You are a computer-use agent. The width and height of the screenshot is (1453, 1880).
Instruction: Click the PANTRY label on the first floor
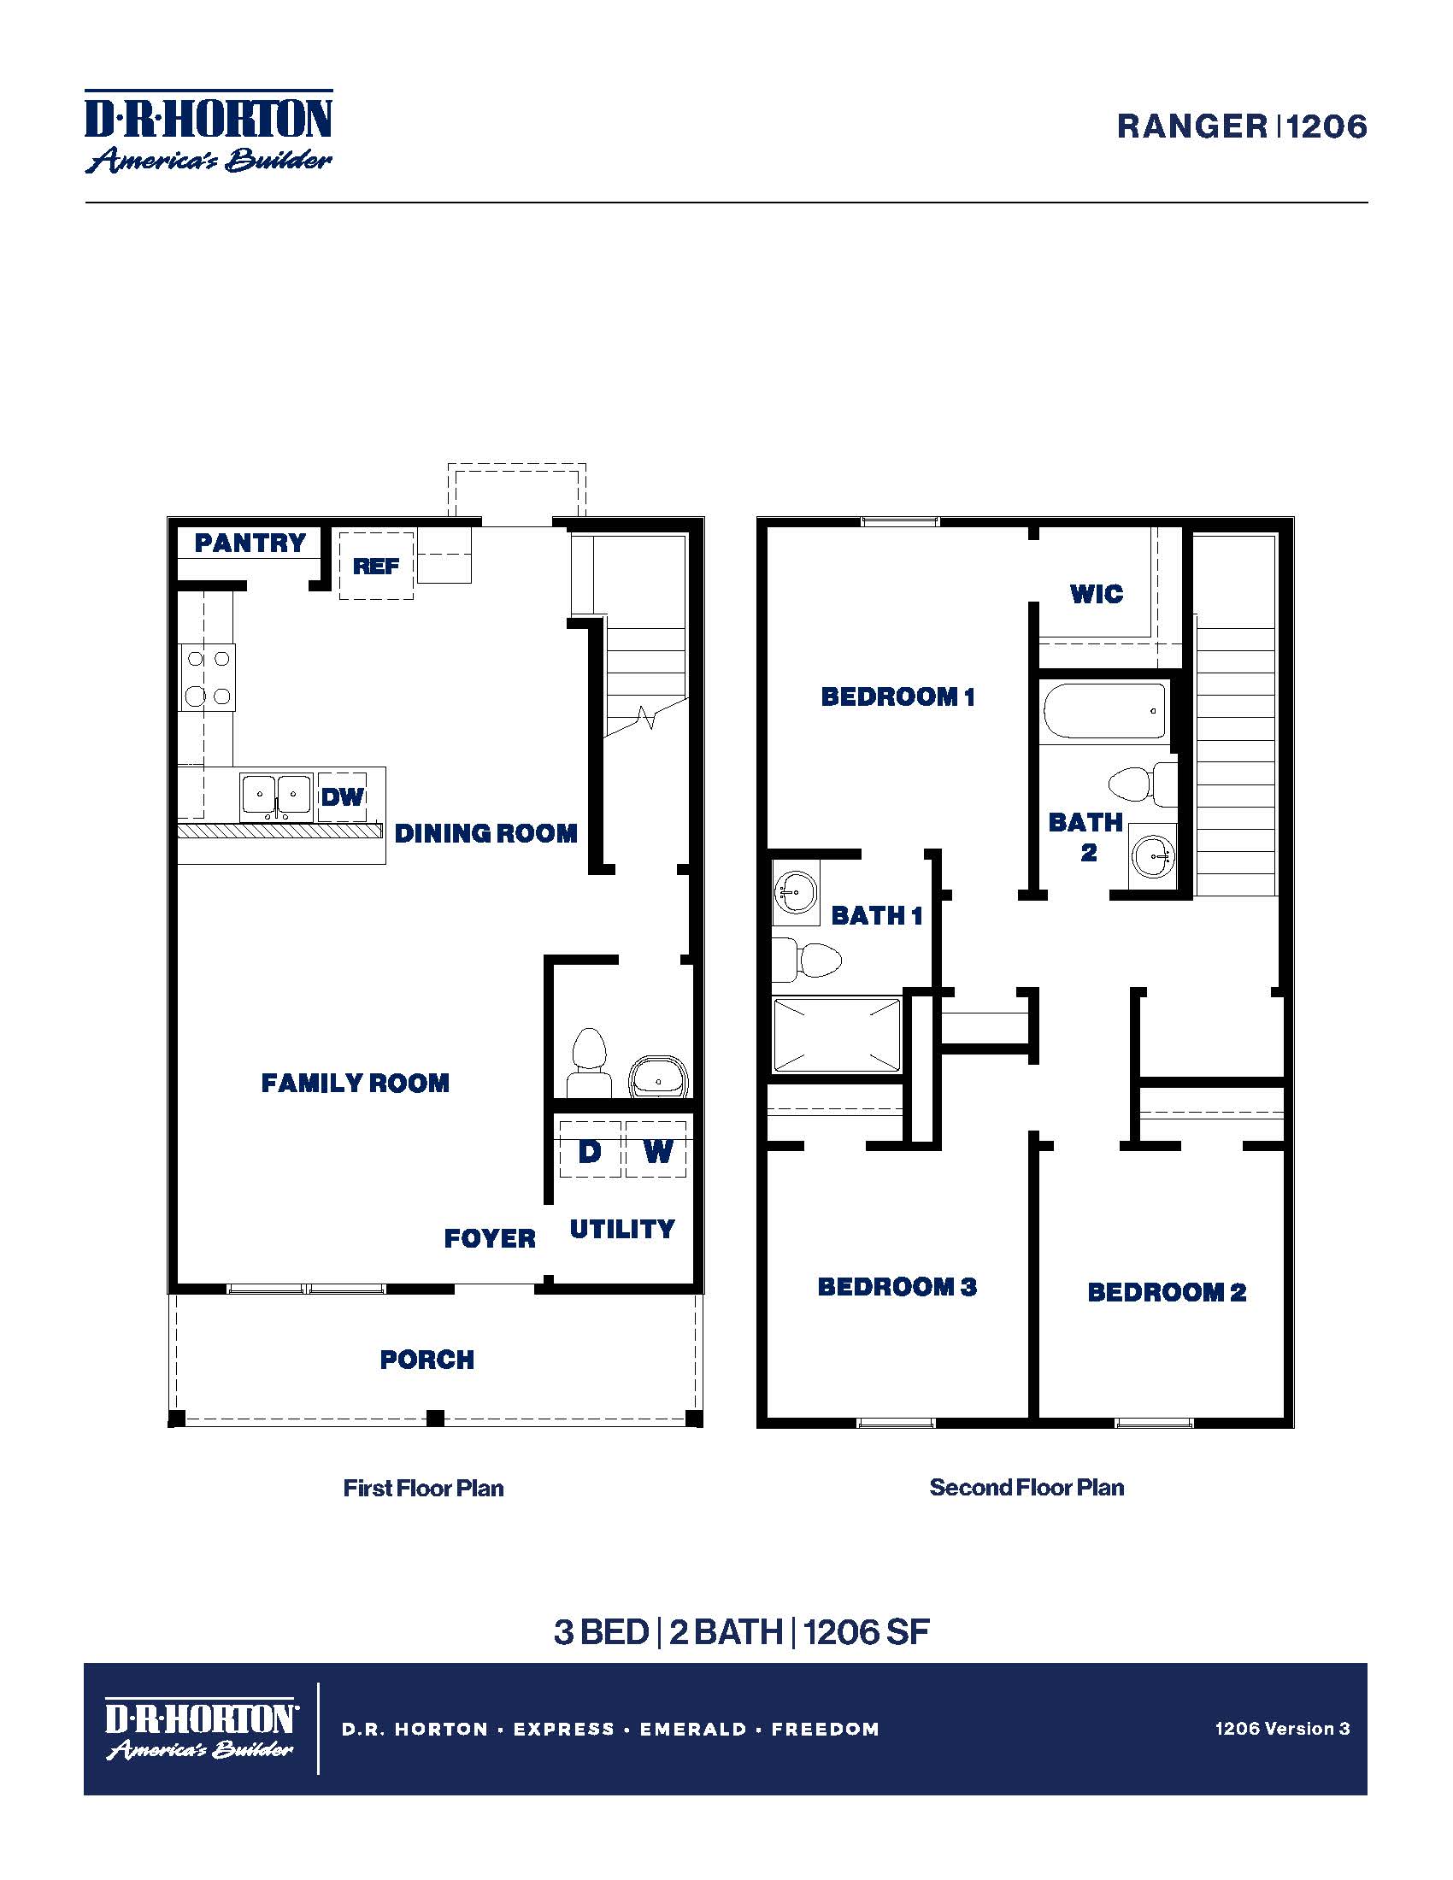250,543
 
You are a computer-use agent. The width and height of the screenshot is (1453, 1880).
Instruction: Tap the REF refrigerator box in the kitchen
376,566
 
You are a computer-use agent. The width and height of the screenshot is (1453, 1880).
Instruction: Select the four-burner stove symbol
208,678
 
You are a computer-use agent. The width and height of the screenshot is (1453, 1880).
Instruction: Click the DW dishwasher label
343,796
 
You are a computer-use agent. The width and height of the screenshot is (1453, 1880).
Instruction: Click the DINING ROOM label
485,833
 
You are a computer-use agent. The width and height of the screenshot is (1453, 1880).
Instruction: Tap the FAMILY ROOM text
355,1083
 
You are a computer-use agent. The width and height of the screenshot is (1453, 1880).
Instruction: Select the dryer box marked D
590,1150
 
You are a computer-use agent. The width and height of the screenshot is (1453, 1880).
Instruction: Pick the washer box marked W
656,1150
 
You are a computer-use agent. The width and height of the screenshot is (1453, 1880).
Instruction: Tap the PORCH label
427,1360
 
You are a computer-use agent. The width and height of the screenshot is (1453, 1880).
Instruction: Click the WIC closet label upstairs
1096,593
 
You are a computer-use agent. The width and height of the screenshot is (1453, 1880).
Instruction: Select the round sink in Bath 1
796,892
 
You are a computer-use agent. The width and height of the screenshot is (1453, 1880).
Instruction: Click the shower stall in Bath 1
837,1035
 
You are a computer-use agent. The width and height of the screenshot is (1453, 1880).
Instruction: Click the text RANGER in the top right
1191,126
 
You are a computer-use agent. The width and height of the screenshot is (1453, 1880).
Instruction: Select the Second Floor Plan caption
1026,1487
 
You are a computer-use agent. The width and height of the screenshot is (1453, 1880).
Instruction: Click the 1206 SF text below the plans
866,1632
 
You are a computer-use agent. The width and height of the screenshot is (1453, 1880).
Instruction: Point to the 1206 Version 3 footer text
1282,1728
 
